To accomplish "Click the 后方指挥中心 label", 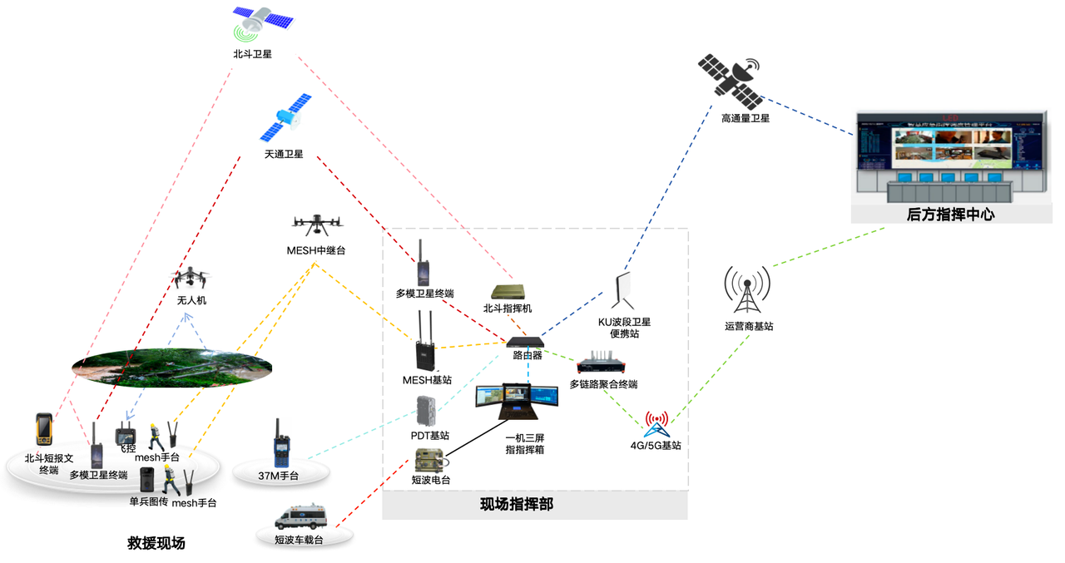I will click(950, 215).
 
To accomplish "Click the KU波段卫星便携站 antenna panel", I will click(627, 292).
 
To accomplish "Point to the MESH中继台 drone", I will click(318, 223).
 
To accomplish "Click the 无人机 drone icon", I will click(191, 279).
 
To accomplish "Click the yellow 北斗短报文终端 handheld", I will click(43, 429).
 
